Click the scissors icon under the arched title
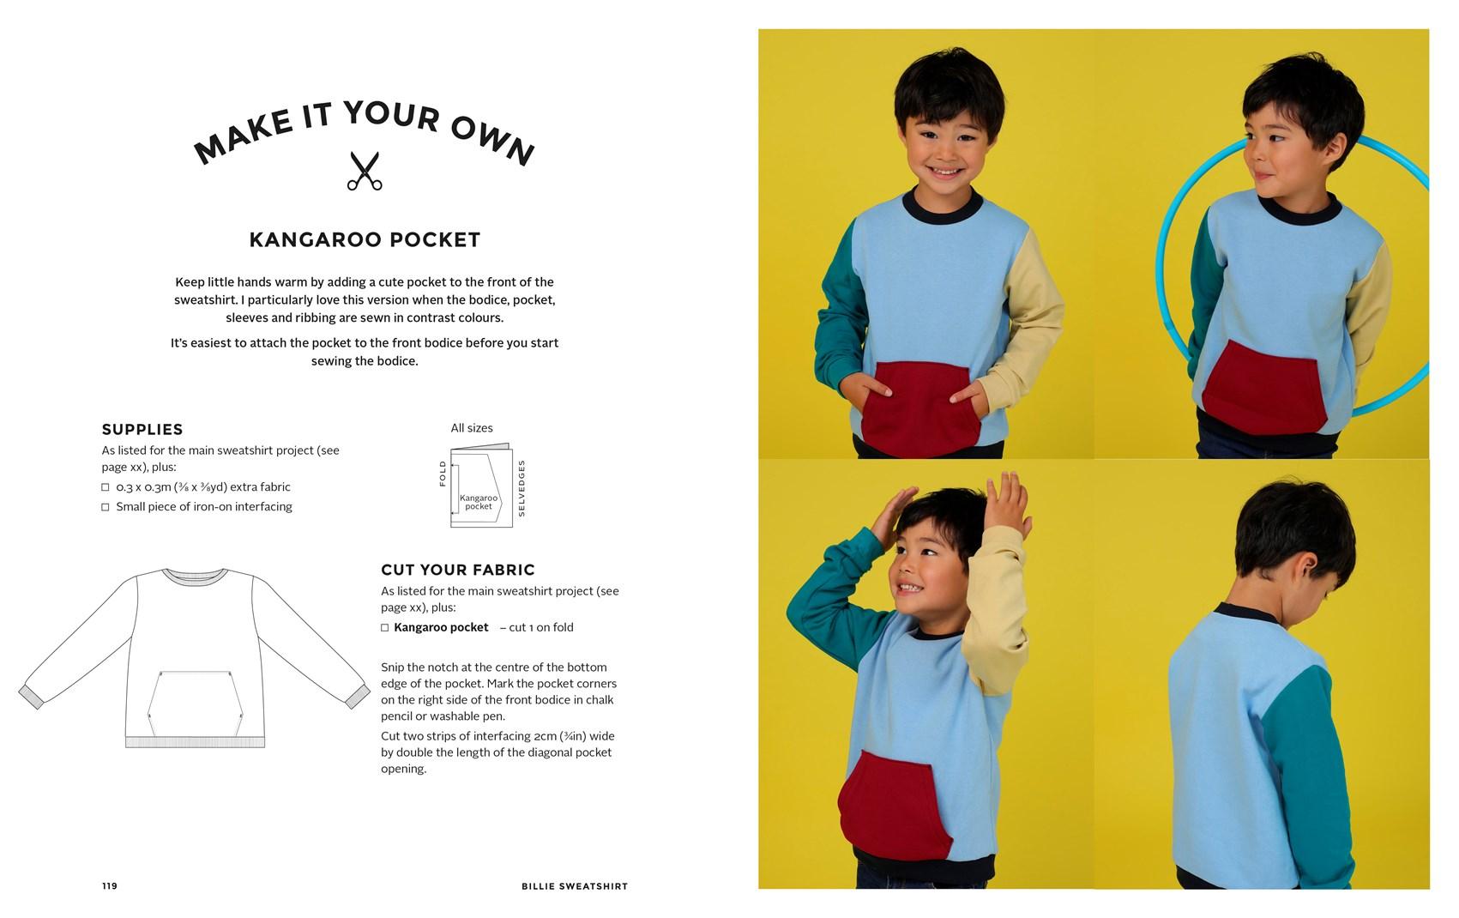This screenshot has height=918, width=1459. (x=365, y=171)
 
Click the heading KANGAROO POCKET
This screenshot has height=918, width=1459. (x=365, y=239)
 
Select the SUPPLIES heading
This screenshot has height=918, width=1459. (x=142, y=429)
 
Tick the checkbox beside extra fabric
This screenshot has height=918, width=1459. (x=106, y=487)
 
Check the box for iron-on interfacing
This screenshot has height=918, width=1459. (x=106, y=507)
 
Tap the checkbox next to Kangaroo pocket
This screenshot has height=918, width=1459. (x=385, y=627)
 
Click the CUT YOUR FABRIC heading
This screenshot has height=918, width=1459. (x=458, y=570)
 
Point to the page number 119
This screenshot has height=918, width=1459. (x=110, y=886)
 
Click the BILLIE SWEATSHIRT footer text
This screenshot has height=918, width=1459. (x=575, y=886)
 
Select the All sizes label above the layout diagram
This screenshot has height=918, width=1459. (x=472, y=428)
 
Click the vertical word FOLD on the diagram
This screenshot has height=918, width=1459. (x=443, y=474)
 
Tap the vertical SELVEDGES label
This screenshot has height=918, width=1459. (x=522, y=489)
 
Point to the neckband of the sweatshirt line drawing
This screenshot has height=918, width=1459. (x=195, y=576)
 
